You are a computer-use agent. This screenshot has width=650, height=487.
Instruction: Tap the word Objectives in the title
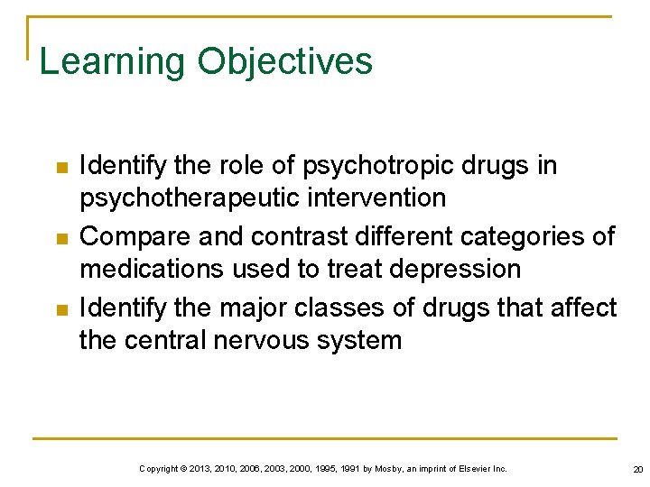pyautogui.click(x=284, y=62)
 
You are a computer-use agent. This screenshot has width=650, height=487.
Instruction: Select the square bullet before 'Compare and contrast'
pyautogui.click(x=61, y=238)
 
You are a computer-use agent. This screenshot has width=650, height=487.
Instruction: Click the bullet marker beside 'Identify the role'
pyautogui.click(x=61, y=168)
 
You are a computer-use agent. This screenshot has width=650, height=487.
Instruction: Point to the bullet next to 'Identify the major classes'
pyautogui.click(x=61, y=309)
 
